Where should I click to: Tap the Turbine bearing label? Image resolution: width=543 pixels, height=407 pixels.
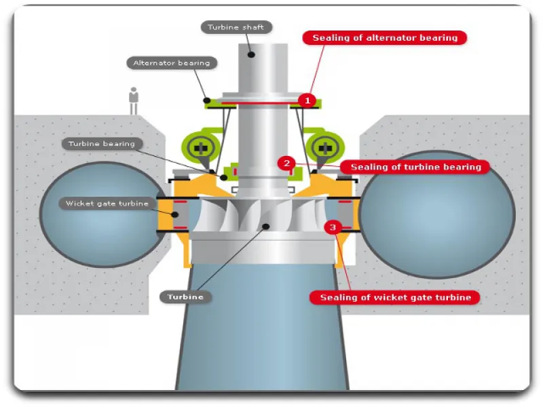(x=101, y=144)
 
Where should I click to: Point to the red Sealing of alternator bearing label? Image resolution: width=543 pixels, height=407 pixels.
(x=385, y=38)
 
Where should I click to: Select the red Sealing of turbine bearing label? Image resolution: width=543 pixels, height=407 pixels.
(x=415, y=167)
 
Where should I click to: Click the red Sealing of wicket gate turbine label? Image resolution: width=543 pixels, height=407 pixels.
(x=395, y=297)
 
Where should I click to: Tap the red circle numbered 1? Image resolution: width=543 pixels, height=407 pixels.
(x=307, y=100)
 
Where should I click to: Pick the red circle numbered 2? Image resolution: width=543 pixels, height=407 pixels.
(x=287, y=163)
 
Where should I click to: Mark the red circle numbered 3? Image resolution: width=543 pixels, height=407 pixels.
(x=332, y=228)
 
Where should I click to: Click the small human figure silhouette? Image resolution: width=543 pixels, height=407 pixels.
(x=134, y=100)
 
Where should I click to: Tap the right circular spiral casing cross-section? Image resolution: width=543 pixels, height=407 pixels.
(x=436, y=214)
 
